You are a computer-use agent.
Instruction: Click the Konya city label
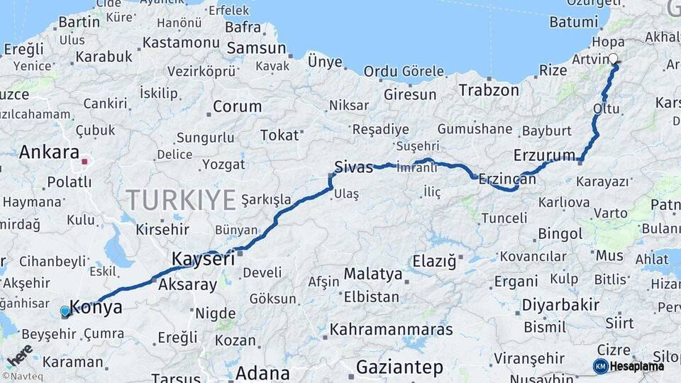96,308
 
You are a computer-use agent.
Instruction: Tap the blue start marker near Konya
65,311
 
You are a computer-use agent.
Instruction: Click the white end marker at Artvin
613,60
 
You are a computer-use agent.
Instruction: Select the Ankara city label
49,152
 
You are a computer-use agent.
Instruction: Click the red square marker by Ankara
84,162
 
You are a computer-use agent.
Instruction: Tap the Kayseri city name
203,259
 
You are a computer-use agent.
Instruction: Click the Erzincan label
507,179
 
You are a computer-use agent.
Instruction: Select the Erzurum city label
544,155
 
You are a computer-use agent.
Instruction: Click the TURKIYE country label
181,201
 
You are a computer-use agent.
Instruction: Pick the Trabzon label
489,90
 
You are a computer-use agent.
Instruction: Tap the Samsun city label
256,49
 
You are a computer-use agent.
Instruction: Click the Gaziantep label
399,367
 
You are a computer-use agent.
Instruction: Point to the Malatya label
373,274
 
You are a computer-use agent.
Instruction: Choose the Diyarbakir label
560,305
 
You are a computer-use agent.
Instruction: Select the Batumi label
573,22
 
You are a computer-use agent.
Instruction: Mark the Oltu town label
606,109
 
